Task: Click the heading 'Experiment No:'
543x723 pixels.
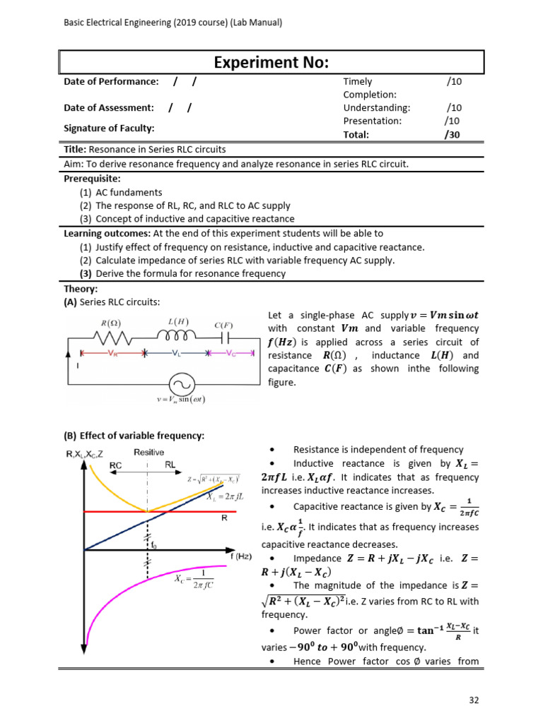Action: point(271,62)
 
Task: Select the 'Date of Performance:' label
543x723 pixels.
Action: point(111,82)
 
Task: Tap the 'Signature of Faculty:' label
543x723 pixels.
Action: point(109,128)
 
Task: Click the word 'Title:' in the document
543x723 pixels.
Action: point(75,150)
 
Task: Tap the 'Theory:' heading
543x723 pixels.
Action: point(80,289)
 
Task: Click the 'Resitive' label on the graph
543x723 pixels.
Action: point(148,453)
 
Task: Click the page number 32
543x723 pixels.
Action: point(474,700)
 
